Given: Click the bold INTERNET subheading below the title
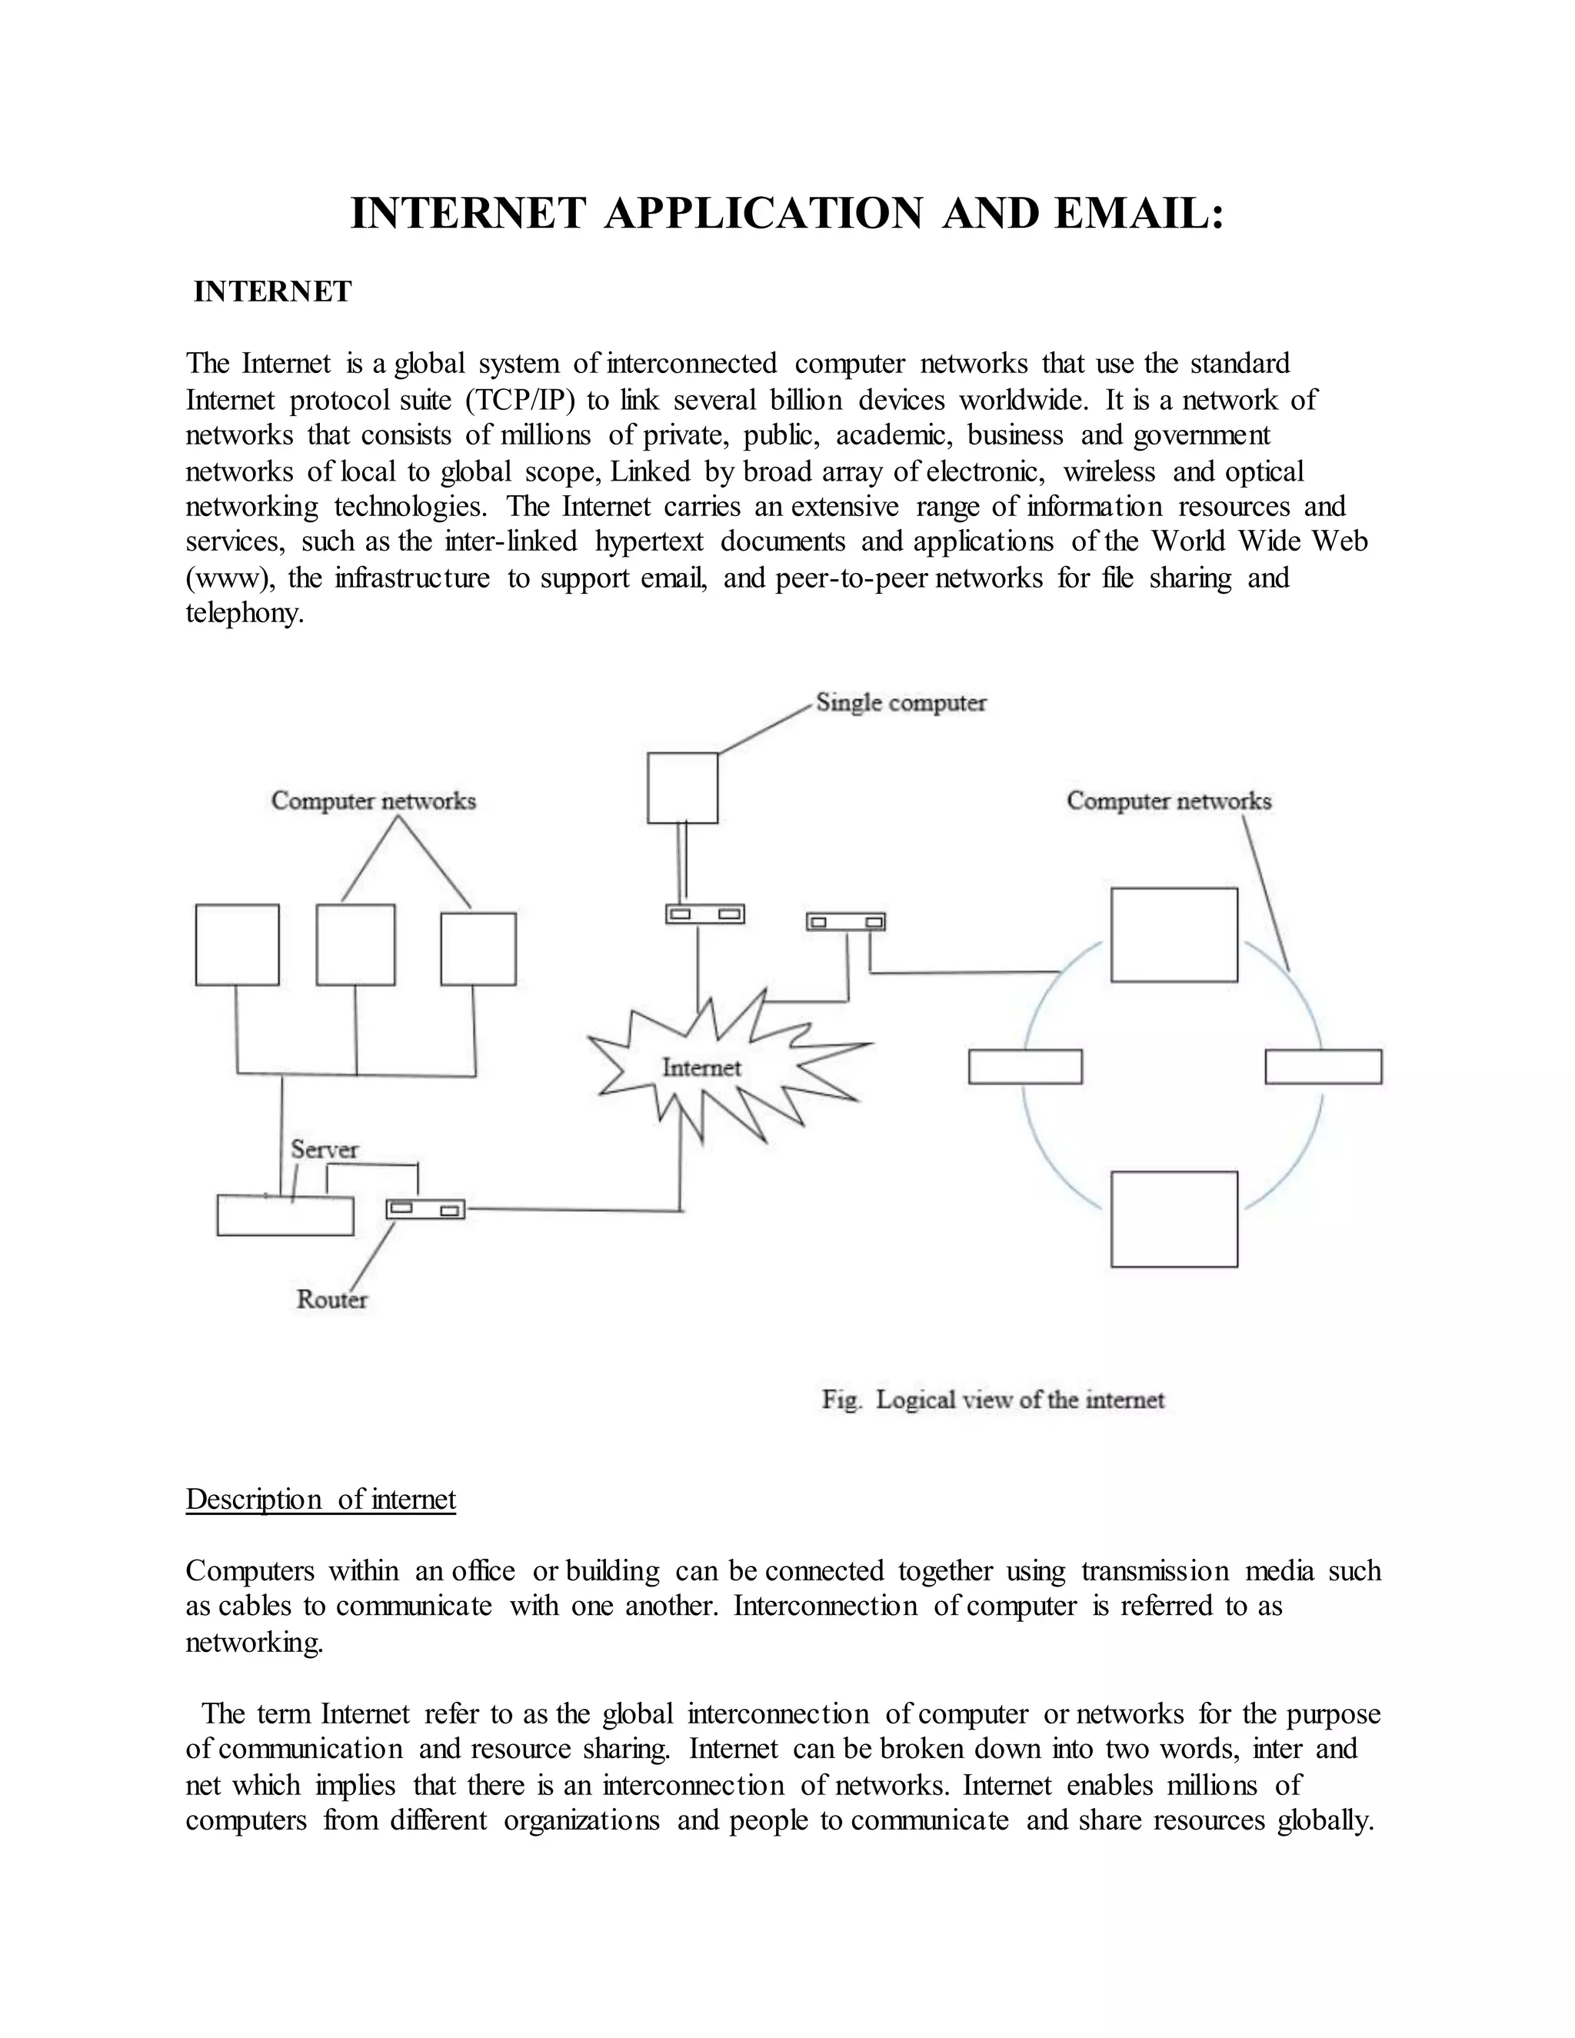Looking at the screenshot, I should (x=272, y=292).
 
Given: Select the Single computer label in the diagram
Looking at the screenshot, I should (x=901, y=703).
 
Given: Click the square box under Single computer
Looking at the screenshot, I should (x=682, y=788).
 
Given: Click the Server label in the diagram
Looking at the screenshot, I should (x=324, y=1149).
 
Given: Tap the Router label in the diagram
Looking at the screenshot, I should (x=332, y=1299).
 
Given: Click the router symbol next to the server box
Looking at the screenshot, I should (x=425, y=1210).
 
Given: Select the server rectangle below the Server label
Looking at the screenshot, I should (x=285, y=1216).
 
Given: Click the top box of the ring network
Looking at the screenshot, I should (x=1174, y=935).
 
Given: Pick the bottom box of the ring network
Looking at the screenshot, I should (x=1174, y=1219).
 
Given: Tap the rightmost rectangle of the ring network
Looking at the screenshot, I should (x=1323, y=1067).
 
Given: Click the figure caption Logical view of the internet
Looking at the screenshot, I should (x=993, y=1400).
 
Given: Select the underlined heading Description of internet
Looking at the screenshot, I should (x=320, y=1500).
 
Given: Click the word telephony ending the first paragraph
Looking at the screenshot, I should (x=245, y=614).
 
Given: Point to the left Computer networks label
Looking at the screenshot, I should (x=373, y=801).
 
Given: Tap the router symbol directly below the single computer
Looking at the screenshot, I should (x=704, y=914).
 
